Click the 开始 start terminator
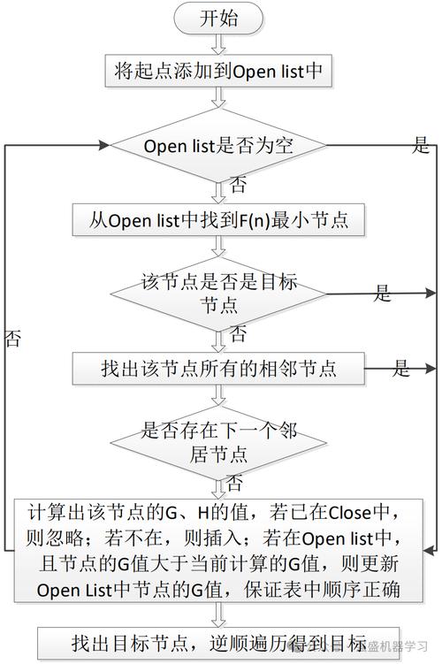[218, 19]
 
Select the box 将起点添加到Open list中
[219, 71]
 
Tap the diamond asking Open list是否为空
[219, 145]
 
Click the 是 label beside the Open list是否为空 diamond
[421, 146]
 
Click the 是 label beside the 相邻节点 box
[402, 368]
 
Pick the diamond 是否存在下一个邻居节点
[219, 442]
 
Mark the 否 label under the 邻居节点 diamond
[235, 484]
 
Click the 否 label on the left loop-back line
[13, 340]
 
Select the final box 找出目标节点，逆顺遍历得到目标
[219, 642]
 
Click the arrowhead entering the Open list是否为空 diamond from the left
[108, 145]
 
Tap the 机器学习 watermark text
[402, 644]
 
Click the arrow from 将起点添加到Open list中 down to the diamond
[218, 100]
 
